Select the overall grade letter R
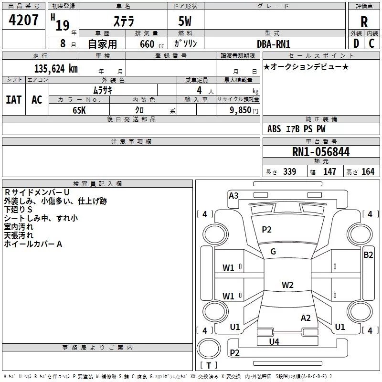[364, 22]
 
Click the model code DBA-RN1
[273, 44]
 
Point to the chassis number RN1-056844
[320, 152]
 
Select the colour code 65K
[79, 110]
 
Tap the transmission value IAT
[13, 99]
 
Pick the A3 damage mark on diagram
[233, 195]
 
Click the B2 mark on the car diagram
[368, 255]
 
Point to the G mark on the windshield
[273, 252]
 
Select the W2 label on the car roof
[287, 285]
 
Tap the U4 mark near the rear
[274, 341]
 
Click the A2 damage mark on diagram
[306, 318]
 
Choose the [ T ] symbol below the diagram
[208, 366]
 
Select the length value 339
[289, 172]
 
